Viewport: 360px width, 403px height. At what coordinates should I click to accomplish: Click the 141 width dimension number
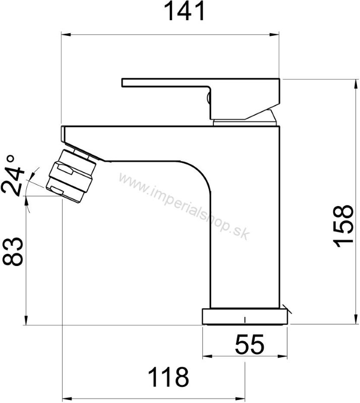pos(184,11)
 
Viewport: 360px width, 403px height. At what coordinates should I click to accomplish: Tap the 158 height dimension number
pos(343,226)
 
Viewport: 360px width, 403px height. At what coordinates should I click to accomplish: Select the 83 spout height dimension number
pos(13,251)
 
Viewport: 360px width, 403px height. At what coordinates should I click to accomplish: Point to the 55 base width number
pos(250,344)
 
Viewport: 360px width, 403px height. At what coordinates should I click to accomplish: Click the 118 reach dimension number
pos(168,377)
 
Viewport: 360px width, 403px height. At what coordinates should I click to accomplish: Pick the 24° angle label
pos(12,175)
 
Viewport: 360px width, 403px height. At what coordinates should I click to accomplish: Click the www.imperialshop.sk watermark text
pos(184,207)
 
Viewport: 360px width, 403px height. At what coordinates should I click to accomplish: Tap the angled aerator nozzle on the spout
pos(71,176)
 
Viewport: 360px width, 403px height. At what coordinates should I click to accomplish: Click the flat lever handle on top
pos(201,99)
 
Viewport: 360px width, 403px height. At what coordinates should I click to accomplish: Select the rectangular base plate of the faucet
pos(245,317)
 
